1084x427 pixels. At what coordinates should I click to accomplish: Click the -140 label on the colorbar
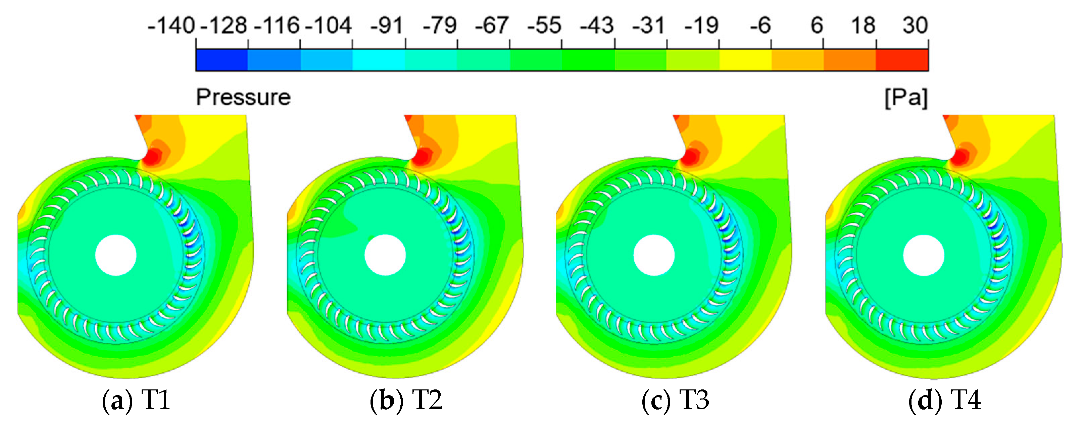(x=171, y=26)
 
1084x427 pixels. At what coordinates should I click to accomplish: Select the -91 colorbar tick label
(x=386, y=26)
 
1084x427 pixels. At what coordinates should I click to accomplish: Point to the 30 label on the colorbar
(x=915, y=26)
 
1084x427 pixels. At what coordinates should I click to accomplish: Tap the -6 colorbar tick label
(x=760, y=26)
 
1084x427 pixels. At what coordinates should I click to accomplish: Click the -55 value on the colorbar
(x=544, y=26)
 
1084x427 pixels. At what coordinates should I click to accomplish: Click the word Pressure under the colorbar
(x=243, y=97)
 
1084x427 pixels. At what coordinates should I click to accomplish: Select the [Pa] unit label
(x=905, y=98)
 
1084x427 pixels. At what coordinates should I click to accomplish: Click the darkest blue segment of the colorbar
(x=222, y=60)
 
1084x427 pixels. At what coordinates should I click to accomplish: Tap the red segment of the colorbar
(x=902, y=60)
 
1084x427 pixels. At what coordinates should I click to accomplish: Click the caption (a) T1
(x=136, y=400)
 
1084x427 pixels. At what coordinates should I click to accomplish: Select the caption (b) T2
(x=406, y=400)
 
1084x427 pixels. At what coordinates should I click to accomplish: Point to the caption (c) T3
(x=675, y=400)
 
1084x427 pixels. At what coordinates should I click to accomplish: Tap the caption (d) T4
(x=944, y=400)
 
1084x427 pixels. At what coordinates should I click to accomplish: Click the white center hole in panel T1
(x=116, y=255)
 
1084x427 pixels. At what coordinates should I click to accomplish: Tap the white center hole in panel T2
(x=385, y=255)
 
